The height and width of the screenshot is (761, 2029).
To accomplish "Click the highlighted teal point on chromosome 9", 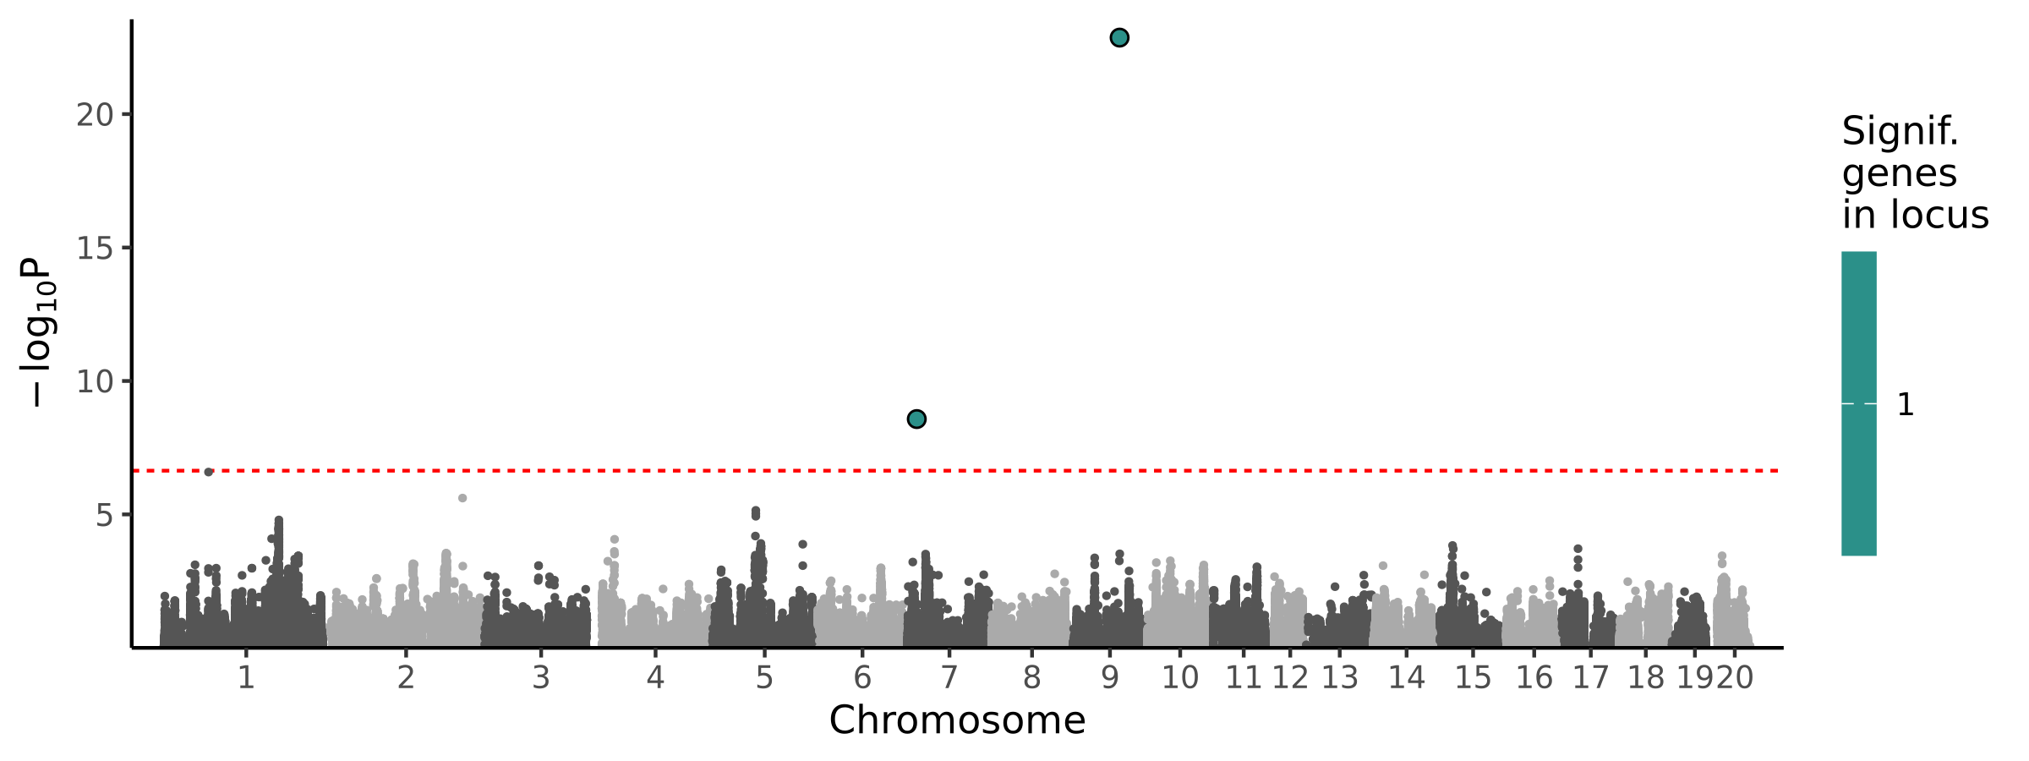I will pyautogui.click(x=1118, y=37).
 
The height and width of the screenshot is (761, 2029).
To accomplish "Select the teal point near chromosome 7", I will pyautogui.click(x=916, y=419).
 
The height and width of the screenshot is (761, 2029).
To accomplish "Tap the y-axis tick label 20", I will pyautogui.click(x=95, y=115).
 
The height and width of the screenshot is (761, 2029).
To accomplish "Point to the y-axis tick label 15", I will pyautogui.click(x=95, y=249).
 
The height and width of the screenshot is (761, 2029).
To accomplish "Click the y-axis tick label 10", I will pyautogui.click(x=95, y=382).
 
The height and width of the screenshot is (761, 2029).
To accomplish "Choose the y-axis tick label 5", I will pyautogui.click(x=104, y=515).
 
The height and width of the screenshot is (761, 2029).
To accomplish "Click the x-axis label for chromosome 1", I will pyautogui.click(x=246, y=678).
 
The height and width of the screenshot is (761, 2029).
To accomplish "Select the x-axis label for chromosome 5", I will pyautogui.click(x=764, y=678).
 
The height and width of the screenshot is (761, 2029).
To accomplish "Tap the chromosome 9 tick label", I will pyautogui.click(x=1109, y=678).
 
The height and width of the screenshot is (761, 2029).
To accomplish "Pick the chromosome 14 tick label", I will pyautogui.click(x=1407, y=678).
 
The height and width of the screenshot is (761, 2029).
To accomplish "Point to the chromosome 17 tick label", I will pyautogui.click(x=1590, y=678).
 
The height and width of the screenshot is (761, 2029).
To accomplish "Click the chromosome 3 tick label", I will pyautogui.click(x=541, y=678).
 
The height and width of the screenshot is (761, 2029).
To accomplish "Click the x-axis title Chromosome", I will pyautogui.click(x=957, y=721).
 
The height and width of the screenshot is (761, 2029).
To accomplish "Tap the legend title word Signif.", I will pyautogui.click(x=1900, y=132).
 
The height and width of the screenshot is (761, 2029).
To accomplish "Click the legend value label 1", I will pyautogui.click(x=1906, y=405).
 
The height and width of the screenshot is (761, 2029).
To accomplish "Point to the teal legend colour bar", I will pyautogui.click(x=1859, y=403).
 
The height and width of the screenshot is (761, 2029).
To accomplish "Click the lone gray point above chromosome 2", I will pyautogui.click(x=462, y=498).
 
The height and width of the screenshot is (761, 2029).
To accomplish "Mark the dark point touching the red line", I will pyautogui.click(x=209, y=472).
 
